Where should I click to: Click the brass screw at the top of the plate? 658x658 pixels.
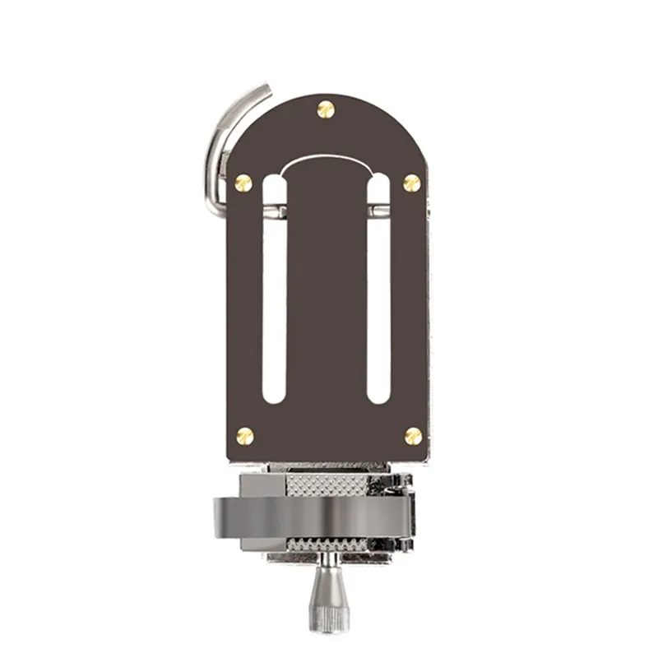click(x=326, y=109)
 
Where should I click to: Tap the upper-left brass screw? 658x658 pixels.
click(x=243, y=183)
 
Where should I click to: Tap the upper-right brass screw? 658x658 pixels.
click(x=411, y=183)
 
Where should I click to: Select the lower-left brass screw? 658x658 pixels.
click(x=244, y=435)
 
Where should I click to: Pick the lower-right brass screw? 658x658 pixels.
click(x=413, y=435)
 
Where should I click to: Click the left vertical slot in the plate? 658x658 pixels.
click(x=274, y=313)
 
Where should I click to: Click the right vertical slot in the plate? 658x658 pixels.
click(x=378, y=313)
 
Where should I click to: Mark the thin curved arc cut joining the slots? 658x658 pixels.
click(x=327, y=159)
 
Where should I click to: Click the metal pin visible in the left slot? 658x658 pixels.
click(x=276, y=211)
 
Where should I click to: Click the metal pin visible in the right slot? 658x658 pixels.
click(x=378, y=211)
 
